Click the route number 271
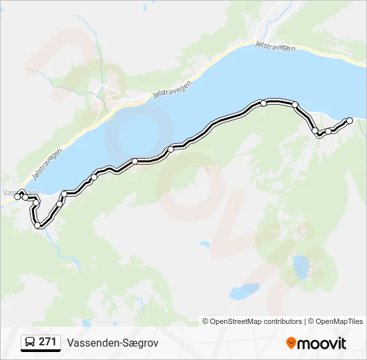(47, 342)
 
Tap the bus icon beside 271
(31, 343)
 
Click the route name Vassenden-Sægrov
(112, 343)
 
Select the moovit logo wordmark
(322, 343)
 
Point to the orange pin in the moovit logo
(291, 343)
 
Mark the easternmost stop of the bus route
(349, 121)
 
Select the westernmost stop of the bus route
(17, 197)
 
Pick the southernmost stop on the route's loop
(39, 225)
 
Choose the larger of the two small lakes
(301, 267)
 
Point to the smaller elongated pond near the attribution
(244, 291)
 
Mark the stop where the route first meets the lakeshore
(64, 194)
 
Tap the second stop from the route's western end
(25, 197)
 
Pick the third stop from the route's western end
(39, 225)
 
